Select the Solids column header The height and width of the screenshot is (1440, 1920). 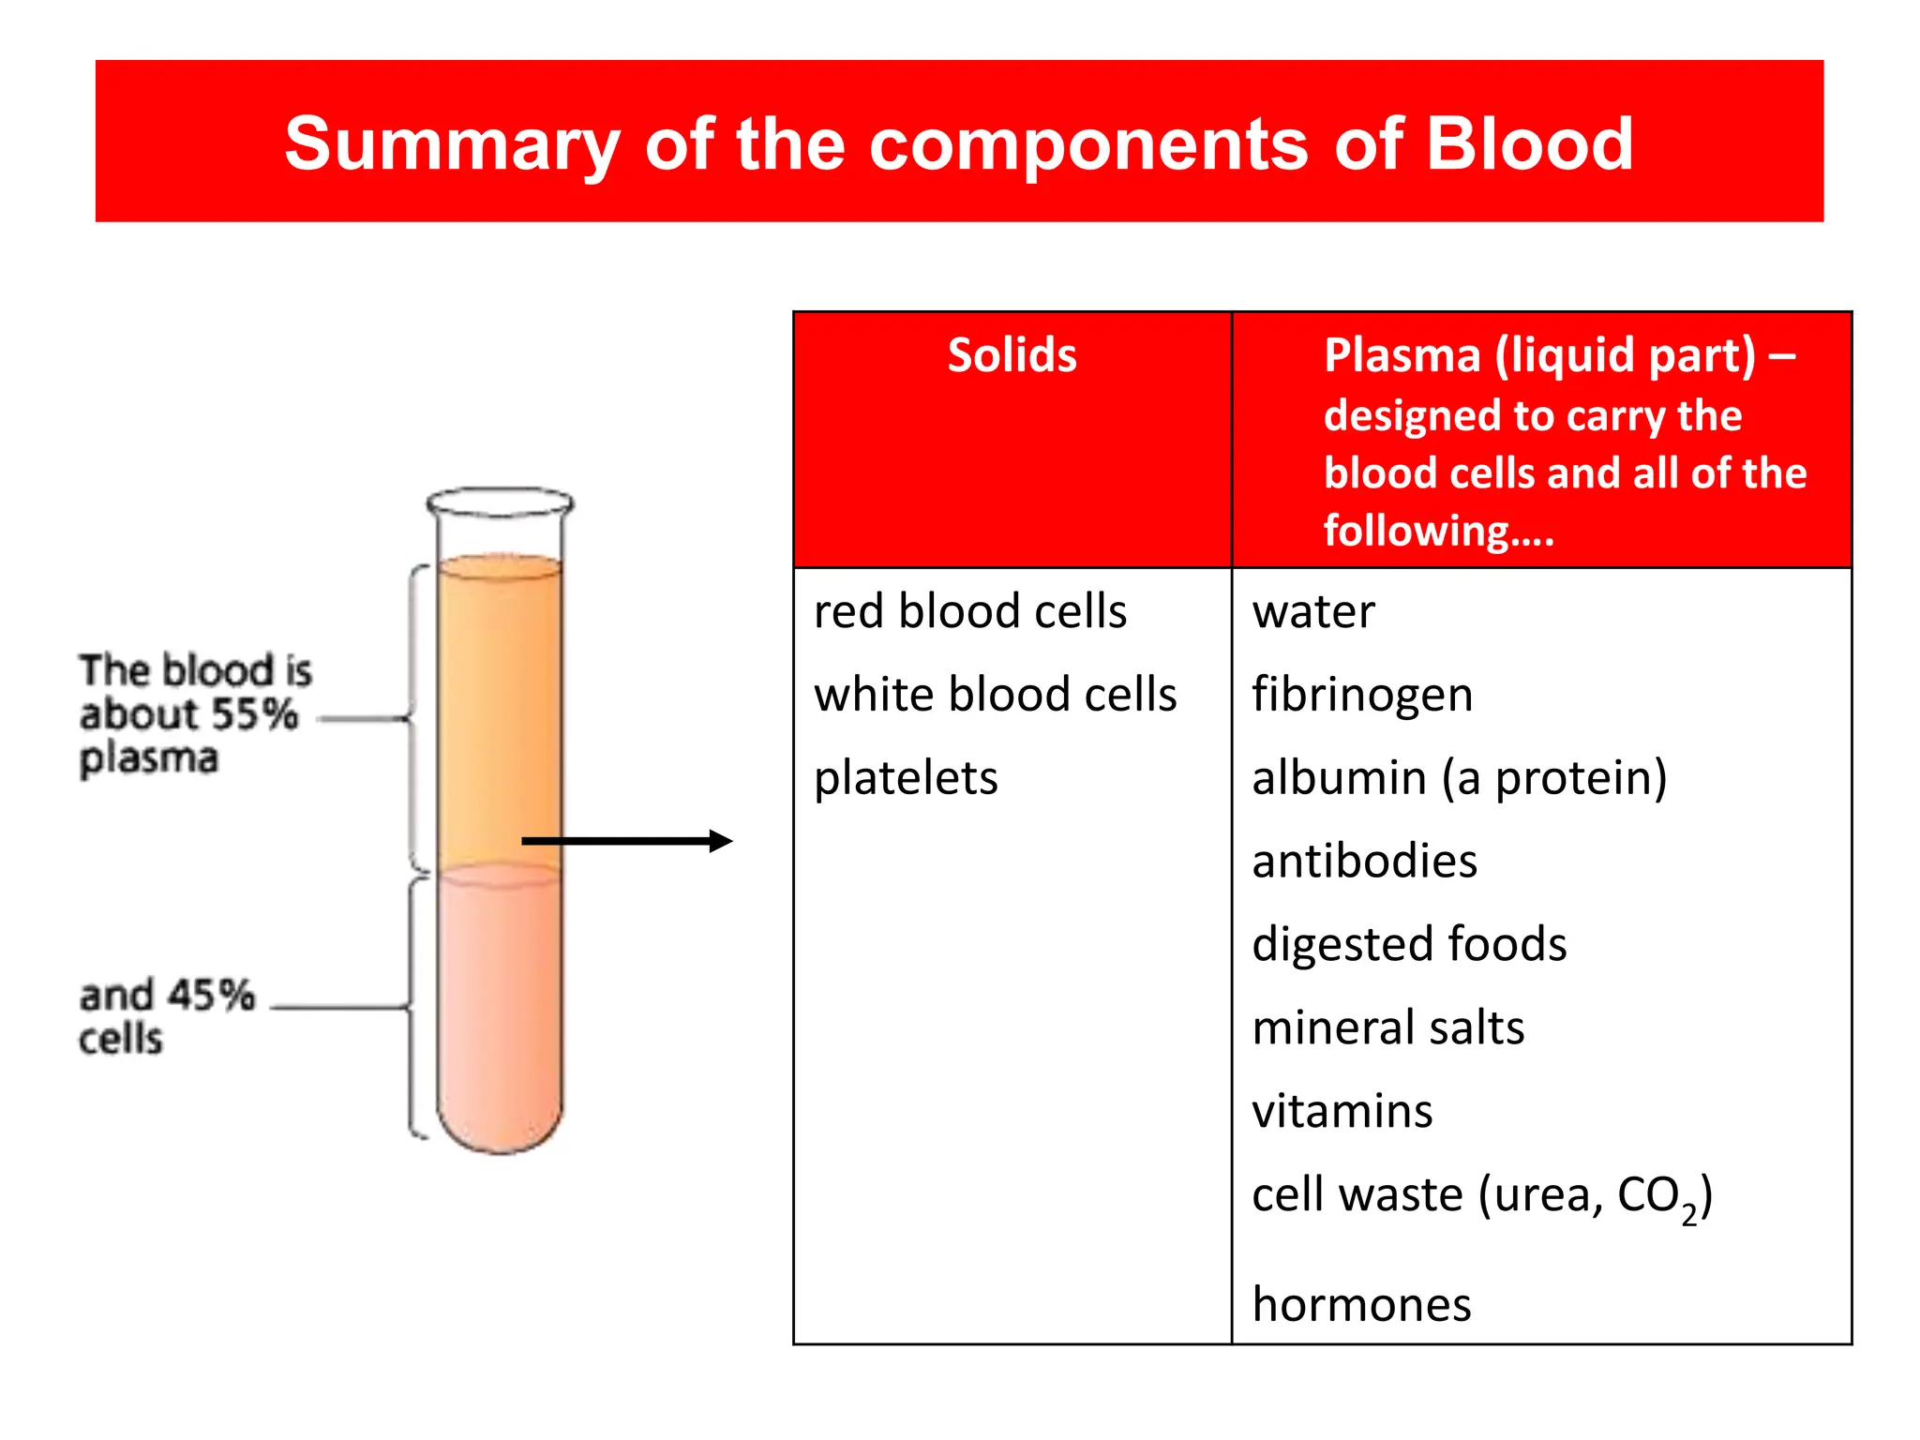click(x=1012, y=355)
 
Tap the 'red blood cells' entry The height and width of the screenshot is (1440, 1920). click(x=970, y=611)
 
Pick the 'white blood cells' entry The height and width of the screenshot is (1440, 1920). click(x=996, y=695)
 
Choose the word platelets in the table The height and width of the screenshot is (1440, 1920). click(x=906, y=779)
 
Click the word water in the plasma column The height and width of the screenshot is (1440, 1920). click(x=1313, y=612)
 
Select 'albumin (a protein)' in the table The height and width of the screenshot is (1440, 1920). click(x=1460, y=779)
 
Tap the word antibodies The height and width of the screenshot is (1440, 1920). click(x=1364, y=862)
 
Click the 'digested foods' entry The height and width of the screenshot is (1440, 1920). click(x=1409, y=945)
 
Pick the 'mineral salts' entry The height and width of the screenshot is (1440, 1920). click(x=1388, y=1027)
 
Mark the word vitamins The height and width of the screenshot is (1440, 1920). click(x=1342, y=1112)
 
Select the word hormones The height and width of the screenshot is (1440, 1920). click(x=1361, y=1305)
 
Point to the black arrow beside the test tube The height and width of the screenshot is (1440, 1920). click(x=626, y=841)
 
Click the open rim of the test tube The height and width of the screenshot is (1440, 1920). click(x=500, y=502)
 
